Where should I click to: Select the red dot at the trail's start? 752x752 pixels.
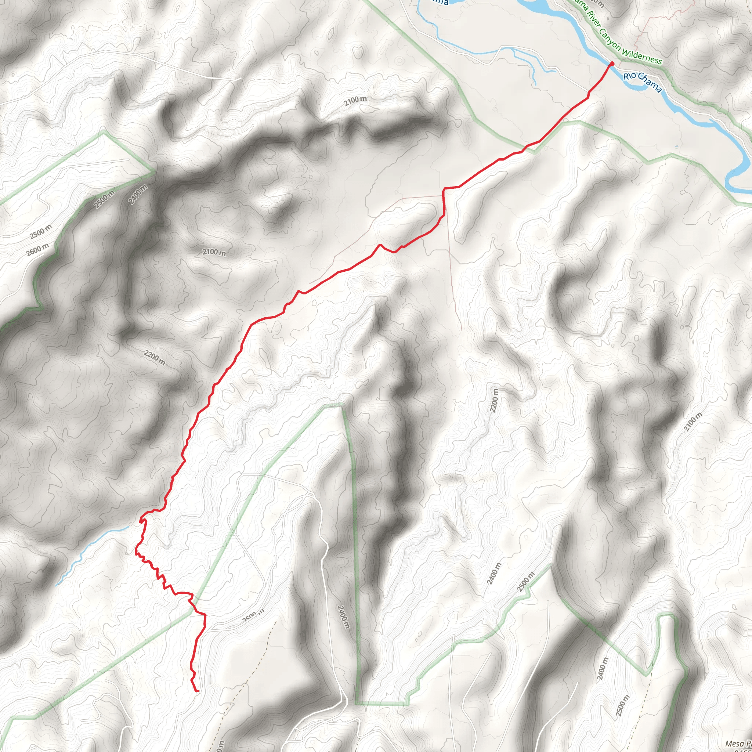point(612,64)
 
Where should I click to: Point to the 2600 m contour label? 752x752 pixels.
point(38,250)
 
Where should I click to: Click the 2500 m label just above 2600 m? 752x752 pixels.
point(40,232)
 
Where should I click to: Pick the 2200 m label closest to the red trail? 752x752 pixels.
point(155,358)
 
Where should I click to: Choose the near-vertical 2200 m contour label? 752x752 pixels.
point(494,401)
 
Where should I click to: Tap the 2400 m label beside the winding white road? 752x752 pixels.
point(344,617)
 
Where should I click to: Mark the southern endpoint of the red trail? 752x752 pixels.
point(198,692)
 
